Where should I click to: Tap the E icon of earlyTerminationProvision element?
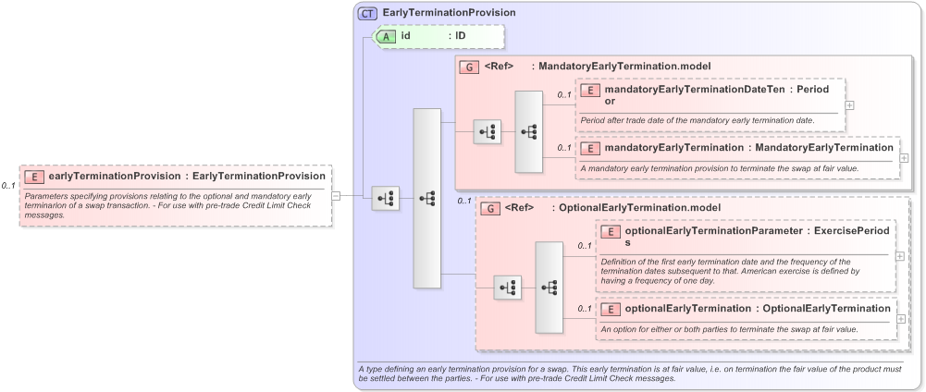coord(33,176)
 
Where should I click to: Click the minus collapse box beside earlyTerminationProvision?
coord(336,196)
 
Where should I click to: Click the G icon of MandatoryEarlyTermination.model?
coord(470,67)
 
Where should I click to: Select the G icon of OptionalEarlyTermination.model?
coord(489,209)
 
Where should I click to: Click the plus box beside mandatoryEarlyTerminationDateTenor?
coord(849,104)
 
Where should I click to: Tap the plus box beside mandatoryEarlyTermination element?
coord(905,158)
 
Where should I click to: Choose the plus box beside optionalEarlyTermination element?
coord(899,318)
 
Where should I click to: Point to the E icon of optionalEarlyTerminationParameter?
coord(611,231)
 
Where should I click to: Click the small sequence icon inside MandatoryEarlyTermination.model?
coord(487,132)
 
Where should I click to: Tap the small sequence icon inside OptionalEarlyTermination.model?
coord(507,288)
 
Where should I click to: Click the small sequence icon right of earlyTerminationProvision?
coord(386,198)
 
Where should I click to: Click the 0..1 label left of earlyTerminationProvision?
coord(8,186)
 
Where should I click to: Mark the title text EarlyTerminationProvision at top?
coord(449,13)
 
